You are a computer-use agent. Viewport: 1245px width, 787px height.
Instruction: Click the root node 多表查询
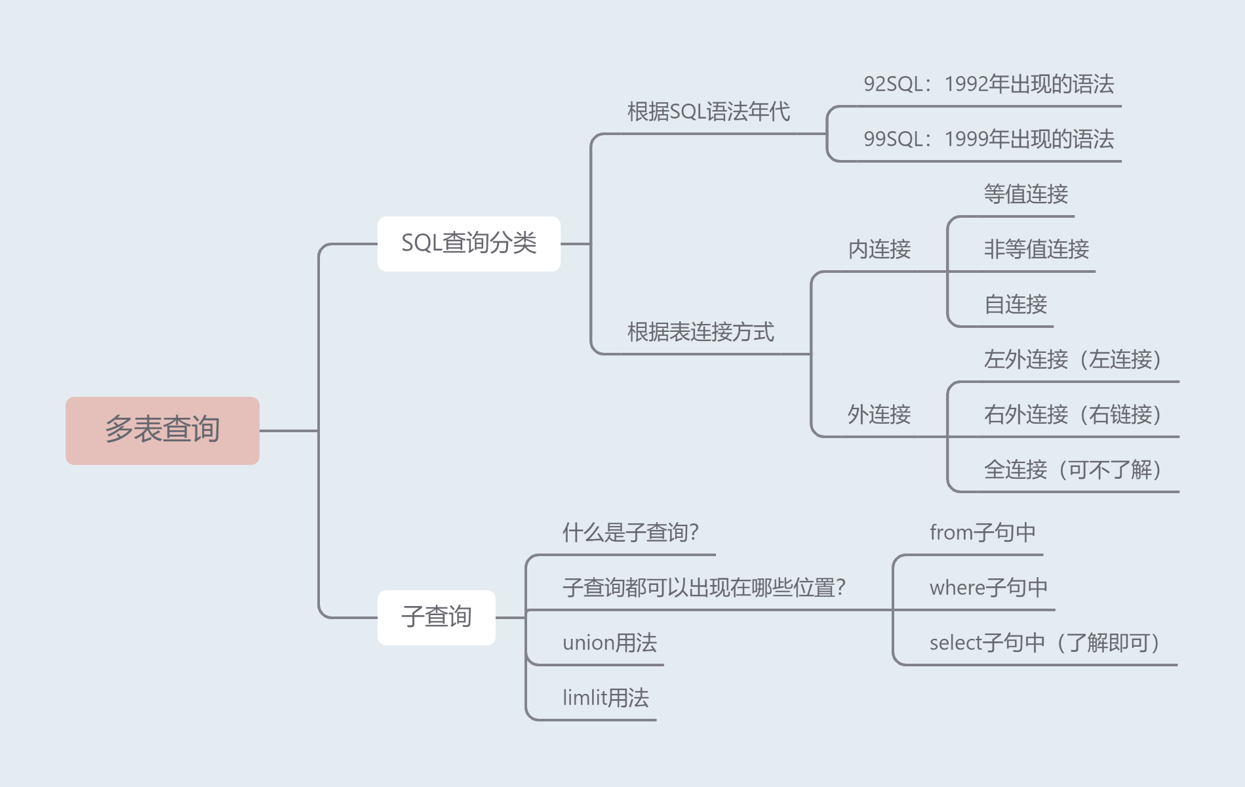(162, 430)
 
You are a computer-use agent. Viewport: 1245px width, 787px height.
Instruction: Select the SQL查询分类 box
(469, 243)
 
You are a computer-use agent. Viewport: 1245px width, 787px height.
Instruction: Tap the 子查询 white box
(436, 617)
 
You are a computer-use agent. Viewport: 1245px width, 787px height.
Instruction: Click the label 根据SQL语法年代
(708, 111)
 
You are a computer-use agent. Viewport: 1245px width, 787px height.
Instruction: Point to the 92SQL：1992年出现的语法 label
(989, 84)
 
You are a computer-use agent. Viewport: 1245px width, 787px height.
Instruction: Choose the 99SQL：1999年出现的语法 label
(989, 139)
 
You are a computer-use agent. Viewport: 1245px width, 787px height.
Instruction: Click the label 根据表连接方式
(700, 332)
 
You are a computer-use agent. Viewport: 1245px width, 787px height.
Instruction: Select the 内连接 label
(879, 249)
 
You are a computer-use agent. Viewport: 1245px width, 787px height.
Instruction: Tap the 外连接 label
(879, 414)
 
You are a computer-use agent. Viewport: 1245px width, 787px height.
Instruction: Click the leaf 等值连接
(1025, 194)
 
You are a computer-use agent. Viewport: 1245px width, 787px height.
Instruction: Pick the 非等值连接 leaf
(1036, 249)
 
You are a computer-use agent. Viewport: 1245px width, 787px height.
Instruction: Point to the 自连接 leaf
(1016, 304)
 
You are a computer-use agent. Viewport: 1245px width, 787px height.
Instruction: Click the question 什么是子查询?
(631, 533)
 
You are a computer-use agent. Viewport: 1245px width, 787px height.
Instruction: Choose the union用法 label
(610, 643)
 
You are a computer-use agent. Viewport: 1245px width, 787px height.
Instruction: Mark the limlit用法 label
(606, 698)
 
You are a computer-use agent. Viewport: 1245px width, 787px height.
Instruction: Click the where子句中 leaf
(989, 588)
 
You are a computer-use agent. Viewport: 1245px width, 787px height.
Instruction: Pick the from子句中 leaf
(983, 533)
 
